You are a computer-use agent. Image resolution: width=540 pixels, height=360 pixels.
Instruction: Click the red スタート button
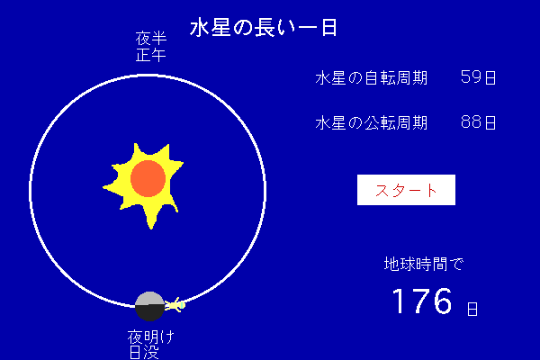[406, 190]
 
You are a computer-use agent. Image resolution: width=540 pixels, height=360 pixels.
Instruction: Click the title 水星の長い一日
[264, 27]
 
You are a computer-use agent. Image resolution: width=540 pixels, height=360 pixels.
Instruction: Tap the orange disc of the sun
[148, 178]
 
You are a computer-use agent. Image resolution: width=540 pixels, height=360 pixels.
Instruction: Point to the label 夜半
[151, 38]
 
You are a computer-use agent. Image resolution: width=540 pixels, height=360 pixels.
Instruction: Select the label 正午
[151, 55]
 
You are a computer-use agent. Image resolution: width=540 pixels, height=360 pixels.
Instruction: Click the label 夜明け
[151, 337]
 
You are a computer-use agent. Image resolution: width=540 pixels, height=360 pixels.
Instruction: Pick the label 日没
[144, 352]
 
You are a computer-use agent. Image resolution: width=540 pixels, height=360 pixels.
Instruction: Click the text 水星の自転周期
[371, 78]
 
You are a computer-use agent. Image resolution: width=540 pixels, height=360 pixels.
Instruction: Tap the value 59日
[479, 77]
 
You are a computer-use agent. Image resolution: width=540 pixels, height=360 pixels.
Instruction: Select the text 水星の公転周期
[371, 122]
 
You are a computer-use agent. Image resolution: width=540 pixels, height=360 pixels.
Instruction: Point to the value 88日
[479, 122]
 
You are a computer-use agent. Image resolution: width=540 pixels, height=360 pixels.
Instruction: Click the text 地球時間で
[424, 265]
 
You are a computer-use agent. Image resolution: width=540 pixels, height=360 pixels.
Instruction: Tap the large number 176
[422, 301]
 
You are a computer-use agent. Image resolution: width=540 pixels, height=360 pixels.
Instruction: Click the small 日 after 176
[472, 309]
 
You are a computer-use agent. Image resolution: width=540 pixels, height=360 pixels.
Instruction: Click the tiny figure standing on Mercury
[175, 305]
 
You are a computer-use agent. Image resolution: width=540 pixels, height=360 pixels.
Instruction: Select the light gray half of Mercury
[149, 298]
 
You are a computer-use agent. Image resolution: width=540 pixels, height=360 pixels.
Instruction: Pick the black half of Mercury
[149, 313]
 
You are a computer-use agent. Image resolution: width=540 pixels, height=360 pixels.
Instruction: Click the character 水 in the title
[200, 27]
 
